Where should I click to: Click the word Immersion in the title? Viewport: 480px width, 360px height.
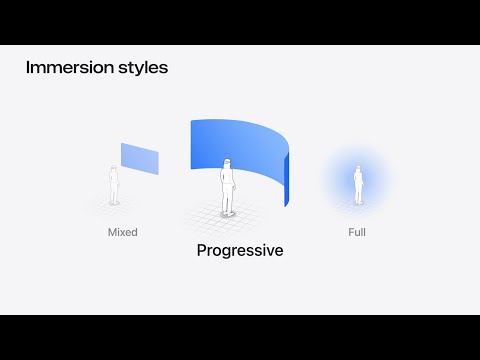[65, 69]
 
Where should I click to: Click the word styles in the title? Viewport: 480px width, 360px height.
[140, 69]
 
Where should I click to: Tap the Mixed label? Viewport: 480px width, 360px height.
[122, 232]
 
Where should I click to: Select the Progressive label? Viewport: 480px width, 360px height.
[240, 251]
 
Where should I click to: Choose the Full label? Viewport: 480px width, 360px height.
[356, 232]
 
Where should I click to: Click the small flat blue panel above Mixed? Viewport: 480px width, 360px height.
[139, 158]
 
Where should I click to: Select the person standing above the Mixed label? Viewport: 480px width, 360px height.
[114, 185]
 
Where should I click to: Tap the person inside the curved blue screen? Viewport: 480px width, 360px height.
[228, 185]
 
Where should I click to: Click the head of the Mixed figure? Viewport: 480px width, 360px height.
[114, 169]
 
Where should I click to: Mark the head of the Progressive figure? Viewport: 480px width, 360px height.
[228, 162]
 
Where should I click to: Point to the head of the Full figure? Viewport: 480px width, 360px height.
[357, 170]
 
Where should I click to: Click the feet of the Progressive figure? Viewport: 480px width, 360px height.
[228, 211]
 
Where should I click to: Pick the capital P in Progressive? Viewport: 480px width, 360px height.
[202, 251]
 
